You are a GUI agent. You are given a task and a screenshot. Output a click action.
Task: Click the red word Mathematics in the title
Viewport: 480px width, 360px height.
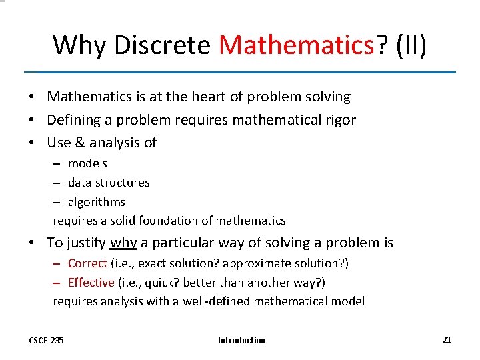[x=296, y=45]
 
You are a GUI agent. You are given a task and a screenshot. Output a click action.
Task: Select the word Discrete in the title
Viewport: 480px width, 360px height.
[x=163, y=45]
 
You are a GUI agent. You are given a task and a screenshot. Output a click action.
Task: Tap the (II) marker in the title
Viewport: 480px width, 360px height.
[x=411, y=45]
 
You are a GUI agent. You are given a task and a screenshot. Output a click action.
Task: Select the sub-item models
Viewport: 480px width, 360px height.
[x=87, y=163]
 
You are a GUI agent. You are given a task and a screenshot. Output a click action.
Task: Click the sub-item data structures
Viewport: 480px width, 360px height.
[x=109, y=182]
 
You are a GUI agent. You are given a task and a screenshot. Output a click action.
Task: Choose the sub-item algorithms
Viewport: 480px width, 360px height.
[x=97, y=201]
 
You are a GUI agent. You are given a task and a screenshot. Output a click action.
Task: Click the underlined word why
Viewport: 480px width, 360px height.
[x=123, y=243]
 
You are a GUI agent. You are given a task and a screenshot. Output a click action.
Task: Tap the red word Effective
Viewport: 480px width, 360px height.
[x=91, y=283]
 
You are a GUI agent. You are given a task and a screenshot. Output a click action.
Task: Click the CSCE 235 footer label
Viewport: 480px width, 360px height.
[x=47, y=341]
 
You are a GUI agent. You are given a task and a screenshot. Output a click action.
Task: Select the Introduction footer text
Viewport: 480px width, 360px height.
[x=241, y=341]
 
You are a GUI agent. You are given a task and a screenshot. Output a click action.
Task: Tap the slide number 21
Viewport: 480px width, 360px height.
[x=447, y=339]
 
